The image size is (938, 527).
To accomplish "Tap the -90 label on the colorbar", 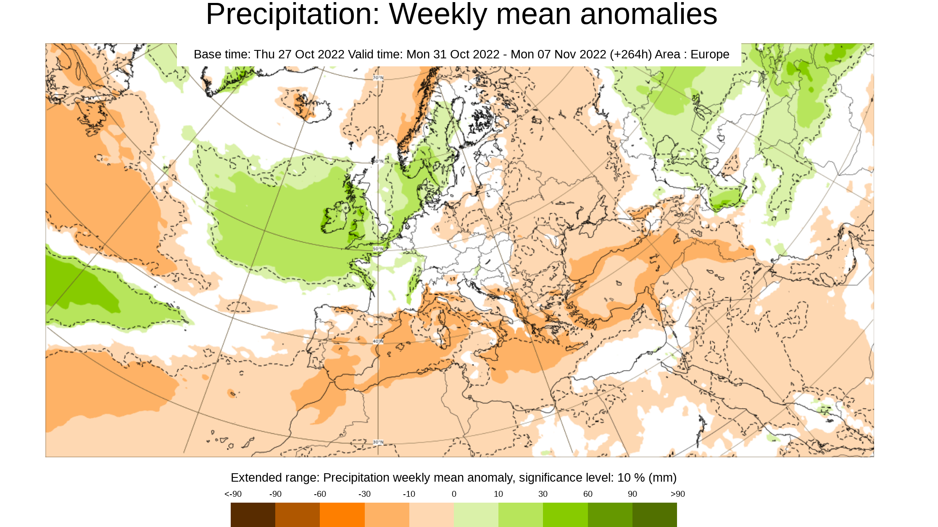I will click(x=275, y=494).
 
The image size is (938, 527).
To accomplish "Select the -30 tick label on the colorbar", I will click(x=364, y=494).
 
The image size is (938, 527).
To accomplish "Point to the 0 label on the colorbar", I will click(x=454, y=494).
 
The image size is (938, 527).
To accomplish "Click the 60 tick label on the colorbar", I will click(x=588, y=494).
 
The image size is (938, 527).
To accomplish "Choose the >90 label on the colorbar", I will click(x=677, y=494).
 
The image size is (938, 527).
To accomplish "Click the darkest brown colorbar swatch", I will click(x=253, y=514).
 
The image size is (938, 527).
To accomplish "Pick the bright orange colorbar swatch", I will click(x=342, y=514).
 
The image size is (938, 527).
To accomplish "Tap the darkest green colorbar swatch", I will click(x=654, y=514).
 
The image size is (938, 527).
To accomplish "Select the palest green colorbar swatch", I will click(x=476, y=514).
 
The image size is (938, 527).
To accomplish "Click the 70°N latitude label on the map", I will click(x=378, y=78).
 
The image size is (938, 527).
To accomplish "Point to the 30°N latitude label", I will click(x=378, y=442).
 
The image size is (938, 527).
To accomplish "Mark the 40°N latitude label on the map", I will click(x=378, y=341).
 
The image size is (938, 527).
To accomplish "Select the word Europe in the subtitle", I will click(x=710, y=55).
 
